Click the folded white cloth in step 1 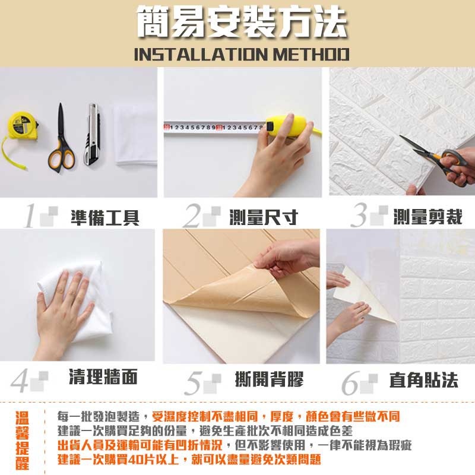point(136,135)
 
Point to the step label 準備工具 point(105,217)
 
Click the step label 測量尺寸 point(264,217)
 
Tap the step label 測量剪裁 point(427,217)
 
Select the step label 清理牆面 point(103,376)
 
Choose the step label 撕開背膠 point(269,379)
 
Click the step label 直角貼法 point(423,380)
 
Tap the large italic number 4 point(20,381)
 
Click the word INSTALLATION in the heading point(201,55)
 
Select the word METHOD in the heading point(311,55)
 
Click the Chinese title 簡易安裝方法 point(242,22)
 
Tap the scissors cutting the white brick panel point(436,157)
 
